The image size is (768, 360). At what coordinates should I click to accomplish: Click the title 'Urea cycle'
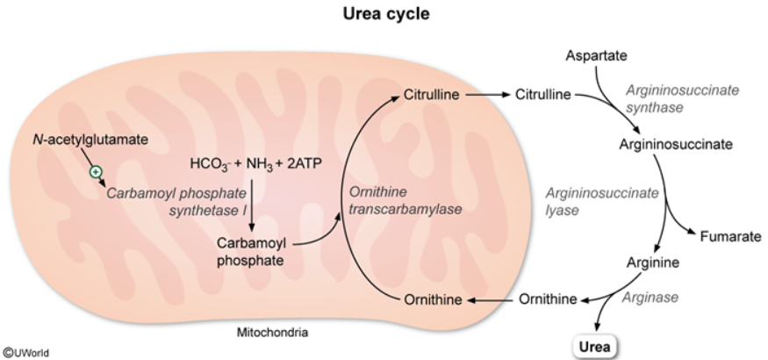(x=384, y=15)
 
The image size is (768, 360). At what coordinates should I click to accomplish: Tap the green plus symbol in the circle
(x=95, y=171)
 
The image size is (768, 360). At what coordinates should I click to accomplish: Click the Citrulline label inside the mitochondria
(x=432, y=94)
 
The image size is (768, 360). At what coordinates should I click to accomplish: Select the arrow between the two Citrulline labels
(x=487, y=94)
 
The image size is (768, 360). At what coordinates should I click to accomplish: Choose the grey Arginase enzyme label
(x=650, y=298)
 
